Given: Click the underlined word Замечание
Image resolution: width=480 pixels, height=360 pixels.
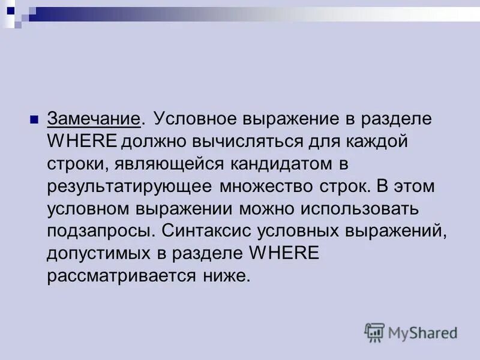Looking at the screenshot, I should (x=94, y=118).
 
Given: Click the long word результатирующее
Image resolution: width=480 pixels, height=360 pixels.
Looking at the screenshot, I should (x=130, y=187).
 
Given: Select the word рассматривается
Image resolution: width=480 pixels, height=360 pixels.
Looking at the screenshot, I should (x=115, y=277).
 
